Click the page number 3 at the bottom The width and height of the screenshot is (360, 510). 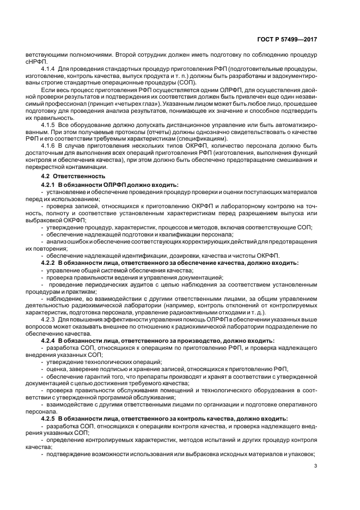pyautogui.click(x=316, y=465)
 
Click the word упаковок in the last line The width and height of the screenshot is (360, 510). pyautogui.click(x=300, y=454)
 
